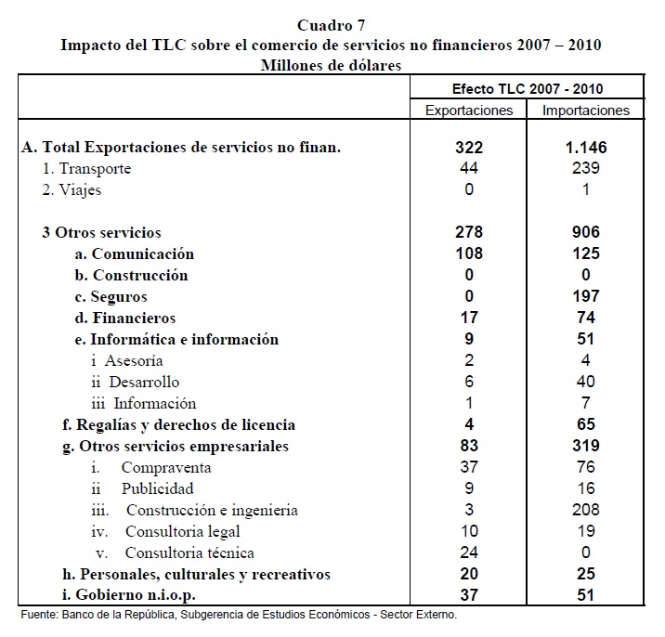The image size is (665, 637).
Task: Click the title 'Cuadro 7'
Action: pos(332,25)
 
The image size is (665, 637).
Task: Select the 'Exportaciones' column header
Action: pos(468,110)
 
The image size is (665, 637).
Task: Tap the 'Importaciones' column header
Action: pos(586,110)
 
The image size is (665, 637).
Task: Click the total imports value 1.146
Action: pos(586,148)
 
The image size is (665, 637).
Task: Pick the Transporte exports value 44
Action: pos(468,168)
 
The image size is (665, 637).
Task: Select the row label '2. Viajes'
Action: pos(72,189)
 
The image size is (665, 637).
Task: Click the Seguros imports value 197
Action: pos(586,297)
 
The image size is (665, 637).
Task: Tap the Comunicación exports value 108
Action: pos(468,253)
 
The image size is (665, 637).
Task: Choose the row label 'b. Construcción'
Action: pos(131,276)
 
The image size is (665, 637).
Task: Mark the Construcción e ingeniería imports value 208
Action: pos(586,510)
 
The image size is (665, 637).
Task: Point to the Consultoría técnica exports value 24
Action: pos(468,553)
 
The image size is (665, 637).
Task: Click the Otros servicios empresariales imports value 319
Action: pos(586,446)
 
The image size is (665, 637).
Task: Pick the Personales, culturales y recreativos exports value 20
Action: pos(468,575)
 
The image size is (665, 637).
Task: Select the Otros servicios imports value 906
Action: pos(586,232)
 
